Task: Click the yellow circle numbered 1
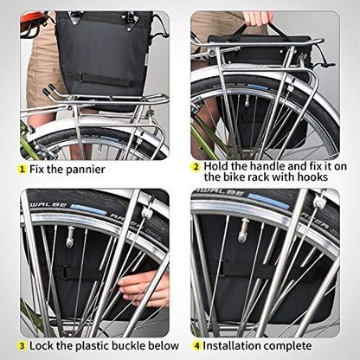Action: click(x=22, y=169)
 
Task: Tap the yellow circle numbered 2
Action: click(x=196, y=167)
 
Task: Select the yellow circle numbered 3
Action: click(x=22, y=345)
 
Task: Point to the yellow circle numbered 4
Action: click(x=197, y=345)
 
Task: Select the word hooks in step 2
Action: click(x=312, y=177)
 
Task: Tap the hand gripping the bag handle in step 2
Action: click(x=258, y=17)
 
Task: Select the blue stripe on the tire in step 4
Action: click(x=268, y=201)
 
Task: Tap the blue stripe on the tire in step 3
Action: click(x=88, y=209)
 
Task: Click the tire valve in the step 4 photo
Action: click(x=243, y=230)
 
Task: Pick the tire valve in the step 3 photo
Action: click(x=69, y=237)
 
